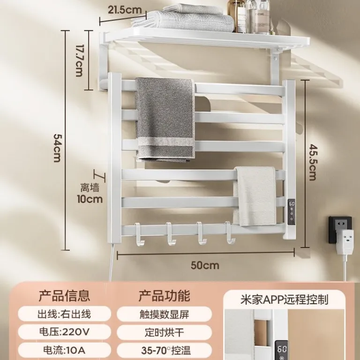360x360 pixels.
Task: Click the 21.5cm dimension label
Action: pyautogui.click(x=125, y=10)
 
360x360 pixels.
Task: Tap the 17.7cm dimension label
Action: pyautogui.click(x=79, y=60)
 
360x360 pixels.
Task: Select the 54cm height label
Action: pyautogui.click(x=57, y=148)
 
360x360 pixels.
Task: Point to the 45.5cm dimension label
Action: pyautogui.click(x=313, y=162)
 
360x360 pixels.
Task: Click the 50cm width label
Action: pyautogui.click(x=205, y=265)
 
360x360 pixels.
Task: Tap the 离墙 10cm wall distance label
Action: pyautogui.click(x=90, y=193)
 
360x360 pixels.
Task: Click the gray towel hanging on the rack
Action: pyautogui.click(x=165, y=120)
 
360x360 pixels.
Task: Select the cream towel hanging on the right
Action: pyautogui.click(x=255, y=196)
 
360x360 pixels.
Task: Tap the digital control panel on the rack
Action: pyautogui.click(x=292, y=212)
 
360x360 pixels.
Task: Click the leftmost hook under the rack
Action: pyautogui.click(x=140, y=234)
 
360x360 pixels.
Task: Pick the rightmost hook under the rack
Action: pyautogui.click(x=230, y=232)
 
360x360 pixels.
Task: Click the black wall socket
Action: pyautogui.click(x=340, y=229)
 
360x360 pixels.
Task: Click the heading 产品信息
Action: pyautogui.click(x=64, y=296)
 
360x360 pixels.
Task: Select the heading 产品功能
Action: pyautogui.click(x=164, y=296)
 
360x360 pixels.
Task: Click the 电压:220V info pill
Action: pyautogui.click(x=64, y=332)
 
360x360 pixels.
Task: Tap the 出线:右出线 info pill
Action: pyautogui.click(x=64, y=314)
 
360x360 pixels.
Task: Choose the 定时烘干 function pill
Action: pyautogui.click(x=164, y=332)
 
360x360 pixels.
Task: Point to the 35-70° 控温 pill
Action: pyautogui.click(x=164, y=350)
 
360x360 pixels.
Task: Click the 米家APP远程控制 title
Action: pyautogui.click(x=284, y=300)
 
